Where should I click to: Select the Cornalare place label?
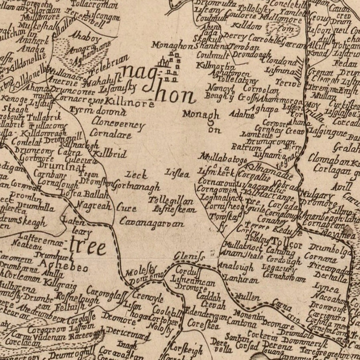coord(110,134)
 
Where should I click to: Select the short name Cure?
coord(126,208)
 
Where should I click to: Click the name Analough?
coord(236,267)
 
